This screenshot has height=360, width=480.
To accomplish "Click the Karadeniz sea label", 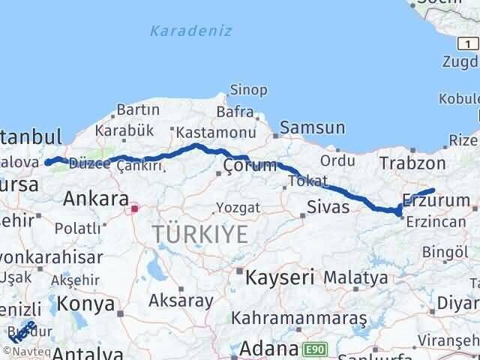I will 190,31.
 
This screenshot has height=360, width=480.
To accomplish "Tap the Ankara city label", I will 95,199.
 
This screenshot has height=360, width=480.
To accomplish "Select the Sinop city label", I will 249,90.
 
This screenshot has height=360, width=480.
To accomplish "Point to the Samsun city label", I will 313,127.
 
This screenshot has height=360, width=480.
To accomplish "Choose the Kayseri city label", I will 280,277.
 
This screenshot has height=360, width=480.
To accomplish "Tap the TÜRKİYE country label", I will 199,234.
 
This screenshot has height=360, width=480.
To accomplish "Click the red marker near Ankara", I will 134,209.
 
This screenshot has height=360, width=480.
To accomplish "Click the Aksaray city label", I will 181,300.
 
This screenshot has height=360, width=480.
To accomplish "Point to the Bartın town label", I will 133,110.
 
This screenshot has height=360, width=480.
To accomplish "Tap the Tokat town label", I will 309,181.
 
